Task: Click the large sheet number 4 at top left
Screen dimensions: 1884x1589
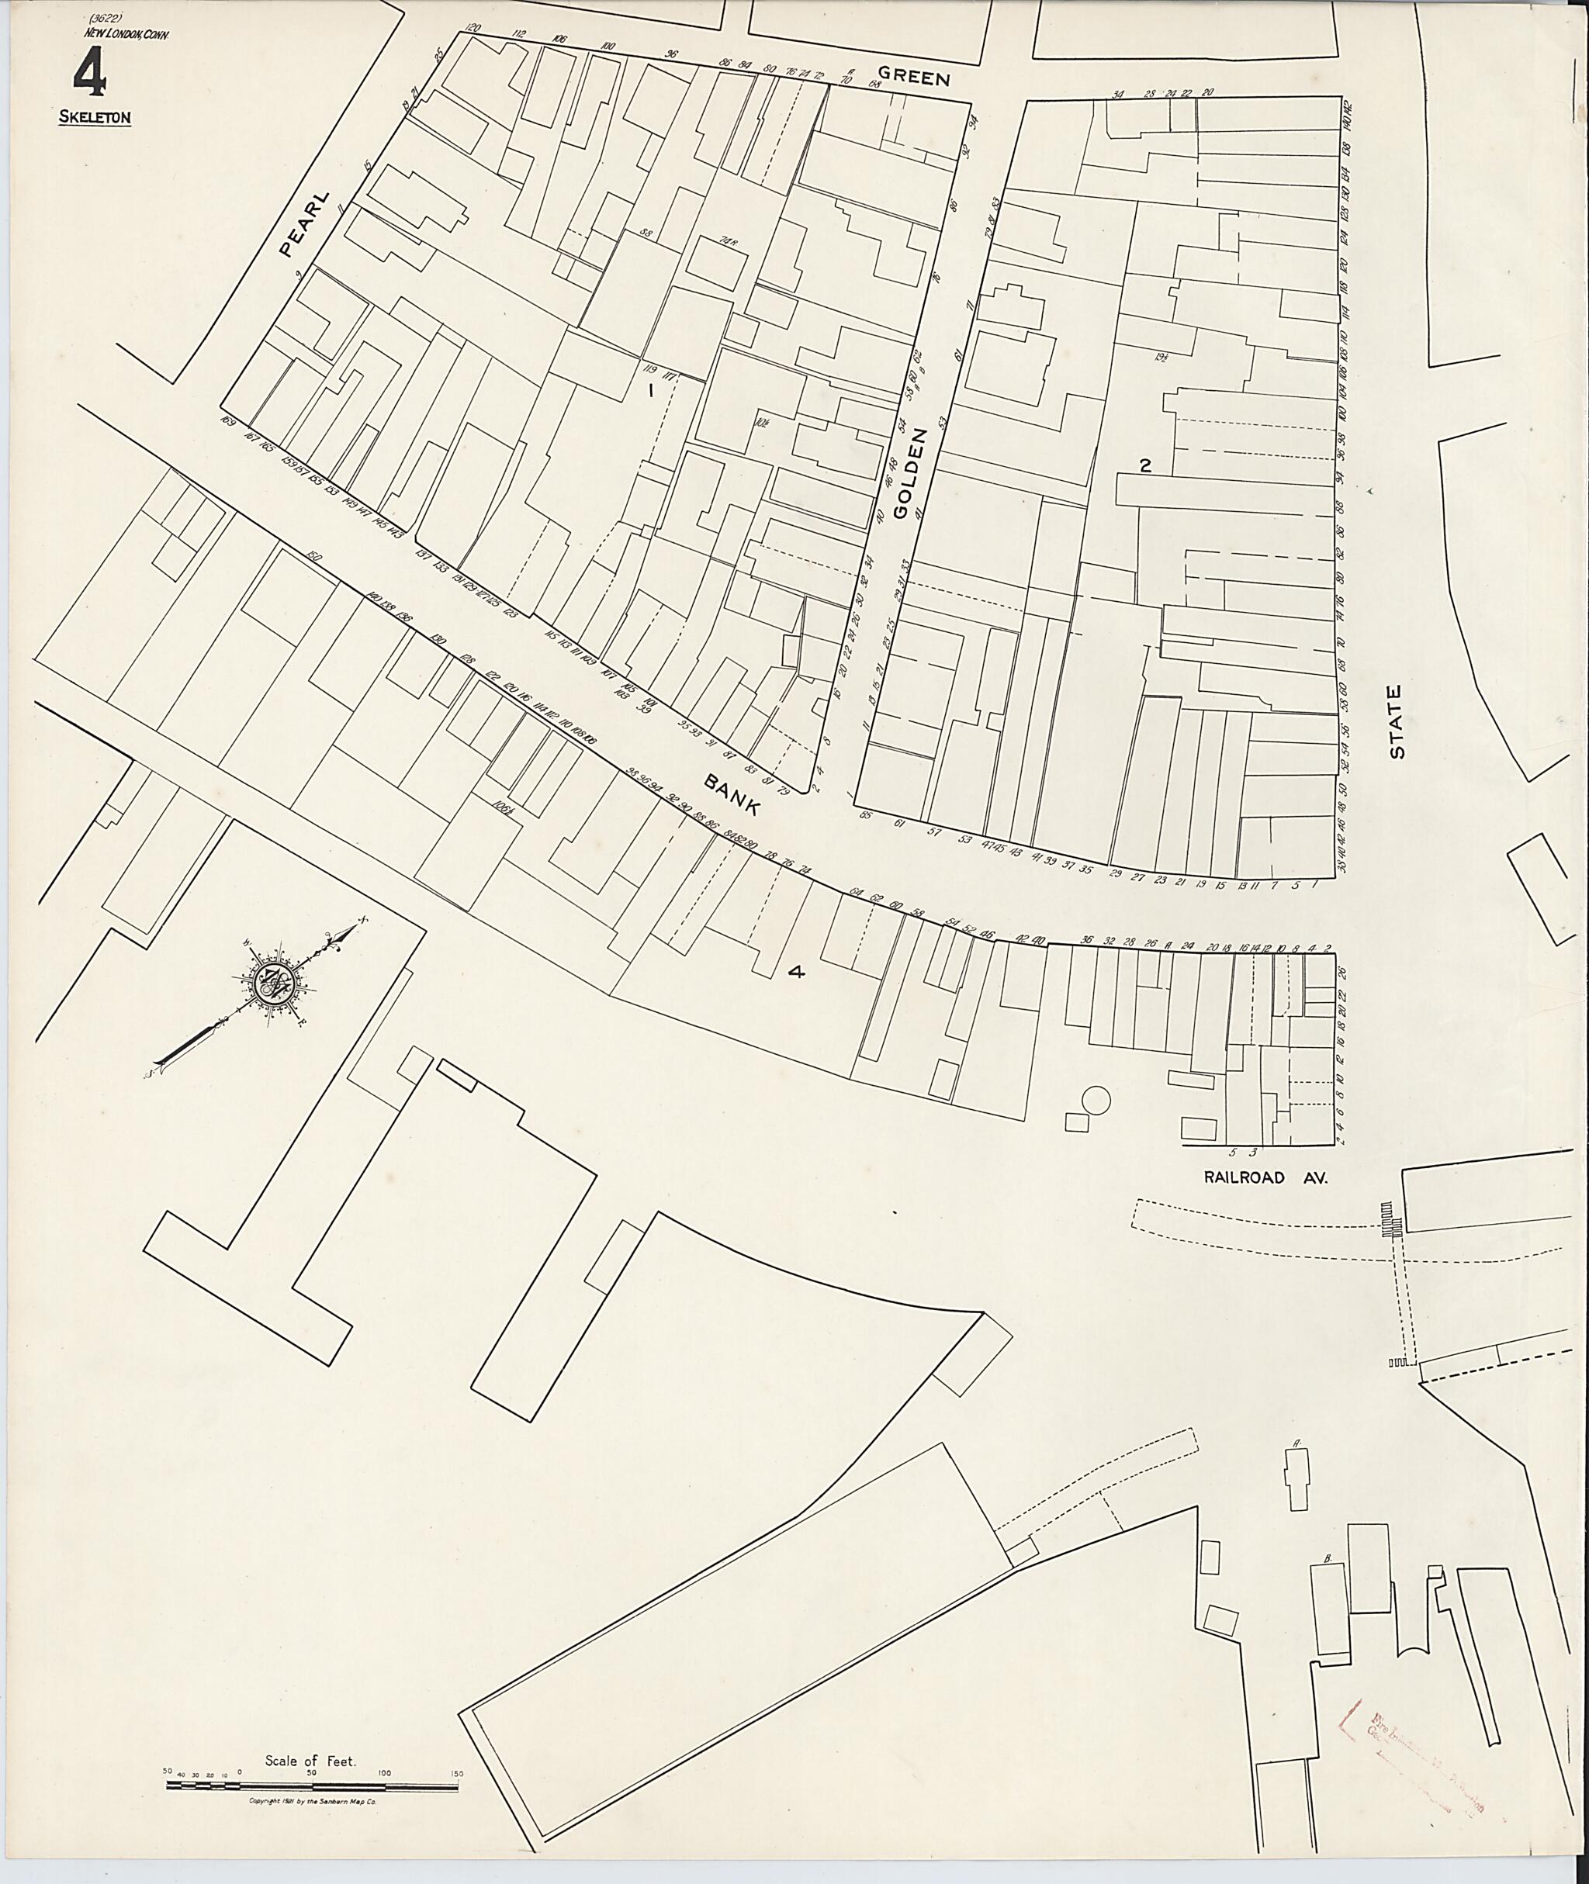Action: pos(89,73)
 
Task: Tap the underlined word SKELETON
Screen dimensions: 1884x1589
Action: pos(95,117)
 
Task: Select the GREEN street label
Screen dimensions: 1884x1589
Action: pos(913,77)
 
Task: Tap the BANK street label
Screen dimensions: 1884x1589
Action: pos(732,795)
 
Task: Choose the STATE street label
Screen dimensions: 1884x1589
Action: pos(1397,721)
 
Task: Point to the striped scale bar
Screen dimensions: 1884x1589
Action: pos(312,1784)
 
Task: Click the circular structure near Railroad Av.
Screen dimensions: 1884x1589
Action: pos(1096,1101)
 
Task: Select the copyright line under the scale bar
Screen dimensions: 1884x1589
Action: pos(312,1800)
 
